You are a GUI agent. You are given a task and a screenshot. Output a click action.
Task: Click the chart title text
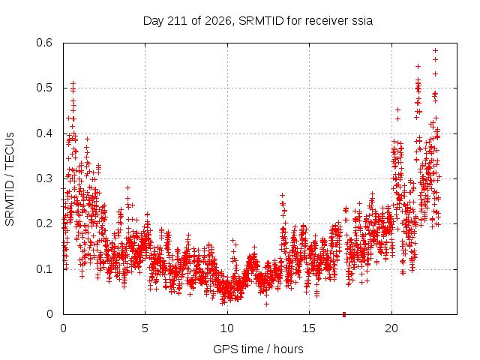(x=258, y=21)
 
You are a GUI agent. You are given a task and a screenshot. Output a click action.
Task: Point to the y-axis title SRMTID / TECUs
(x=10, y=179)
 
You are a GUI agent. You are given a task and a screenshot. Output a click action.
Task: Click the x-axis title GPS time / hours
(x=258, y=349)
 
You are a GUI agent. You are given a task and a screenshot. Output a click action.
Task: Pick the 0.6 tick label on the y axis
(x=44, y=43)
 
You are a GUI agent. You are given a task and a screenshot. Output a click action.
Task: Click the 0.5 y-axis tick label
(x=44, y=88)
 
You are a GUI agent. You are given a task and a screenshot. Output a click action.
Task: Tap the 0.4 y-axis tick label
(x=44, y=133)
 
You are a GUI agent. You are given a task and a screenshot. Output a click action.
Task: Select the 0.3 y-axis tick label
(x=44, y=178)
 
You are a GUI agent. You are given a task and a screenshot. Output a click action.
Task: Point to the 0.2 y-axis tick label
(x=44, y=223)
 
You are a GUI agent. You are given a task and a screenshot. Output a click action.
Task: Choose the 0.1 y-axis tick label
(x=44, y=269)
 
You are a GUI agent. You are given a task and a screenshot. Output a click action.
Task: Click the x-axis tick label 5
(x=145, y=328)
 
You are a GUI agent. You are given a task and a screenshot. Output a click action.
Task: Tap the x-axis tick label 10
(x=227, y=328)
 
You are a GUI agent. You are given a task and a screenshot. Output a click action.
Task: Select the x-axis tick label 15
(x=309, y=328)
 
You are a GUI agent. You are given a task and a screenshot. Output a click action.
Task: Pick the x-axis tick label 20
(x=391, y=328)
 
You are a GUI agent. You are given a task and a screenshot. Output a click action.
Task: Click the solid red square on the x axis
(x=344, y=314)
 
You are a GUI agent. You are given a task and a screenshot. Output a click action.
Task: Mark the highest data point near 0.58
(x=435, y=50)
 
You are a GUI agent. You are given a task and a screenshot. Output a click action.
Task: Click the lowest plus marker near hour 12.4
(x=267, y=304)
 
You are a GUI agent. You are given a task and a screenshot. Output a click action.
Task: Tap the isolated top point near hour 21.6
(x=418, y=67)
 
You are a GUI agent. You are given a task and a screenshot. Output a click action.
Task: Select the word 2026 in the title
(x=217, y=21)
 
